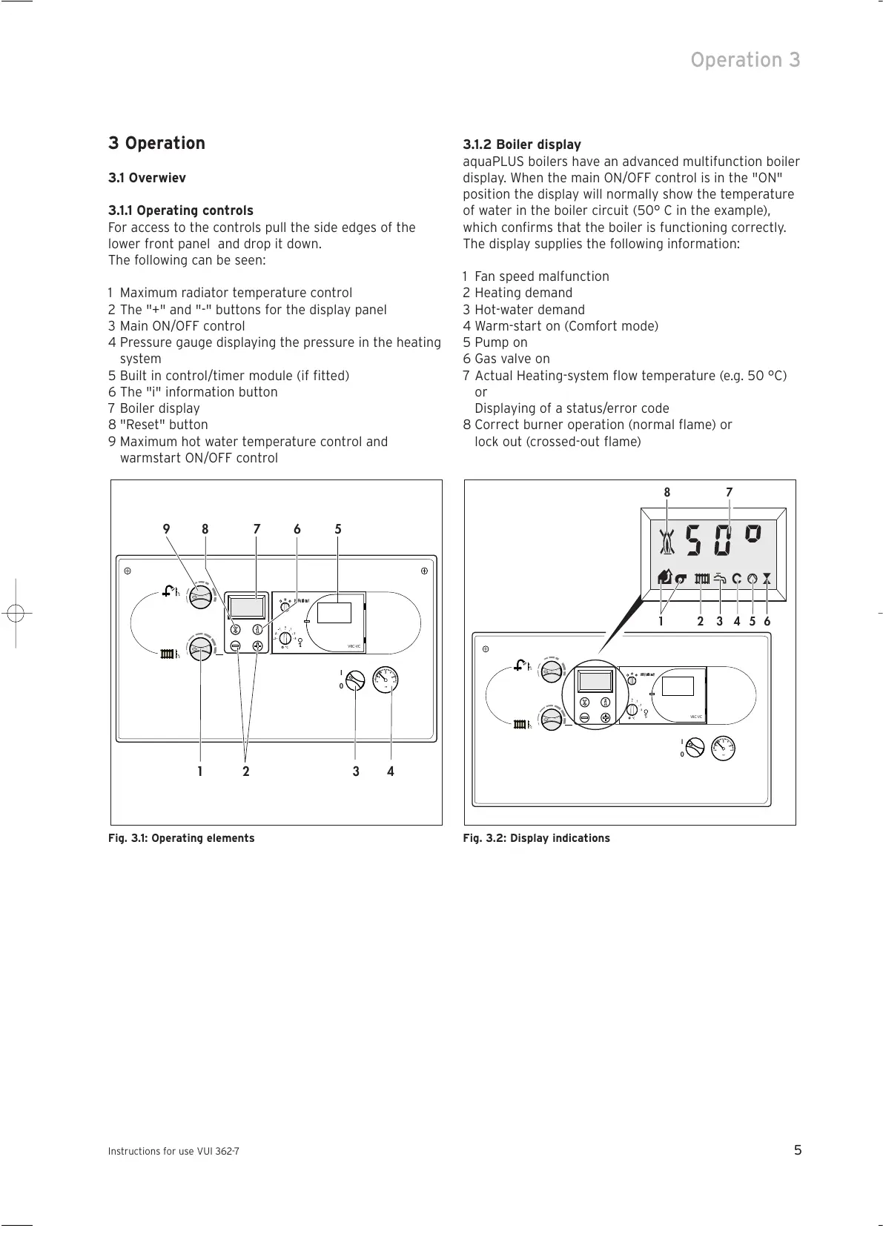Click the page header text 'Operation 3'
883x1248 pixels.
[745, 60]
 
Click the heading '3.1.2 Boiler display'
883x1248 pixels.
[522, 145]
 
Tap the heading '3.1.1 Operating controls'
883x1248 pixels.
[181, 210]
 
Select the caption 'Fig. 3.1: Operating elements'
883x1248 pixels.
[181, 838]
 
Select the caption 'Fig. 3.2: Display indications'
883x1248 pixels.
[536, 838]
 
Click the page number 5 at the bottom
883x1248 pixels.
[798, 1151]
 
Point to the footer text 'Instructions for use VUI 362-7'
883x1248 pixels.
[173, 1152]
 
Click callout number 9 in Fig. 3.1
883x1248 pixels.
[166, 529]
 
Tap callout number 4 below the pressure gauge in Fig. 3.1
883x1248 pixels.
[391, 771]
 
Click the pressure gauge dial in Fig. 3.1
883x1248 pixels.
[386, 679]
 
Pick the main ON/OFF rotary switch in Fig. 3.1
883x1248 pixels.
[355, 680]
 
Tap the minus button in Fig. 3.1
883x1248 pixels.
[235, 646]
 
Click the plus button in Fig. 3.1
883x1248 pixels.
[257, 646]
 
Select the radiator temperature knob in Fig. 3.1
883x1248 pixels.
[200, 651]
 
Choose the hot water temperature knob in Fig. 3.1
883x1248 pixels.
[200, 594]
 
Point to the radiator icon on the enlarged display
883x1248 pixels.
[702, 579]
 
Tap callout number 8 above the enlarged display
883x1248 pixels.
[667, 493]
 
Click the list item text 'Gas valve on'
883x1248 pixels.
[512, 359]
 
